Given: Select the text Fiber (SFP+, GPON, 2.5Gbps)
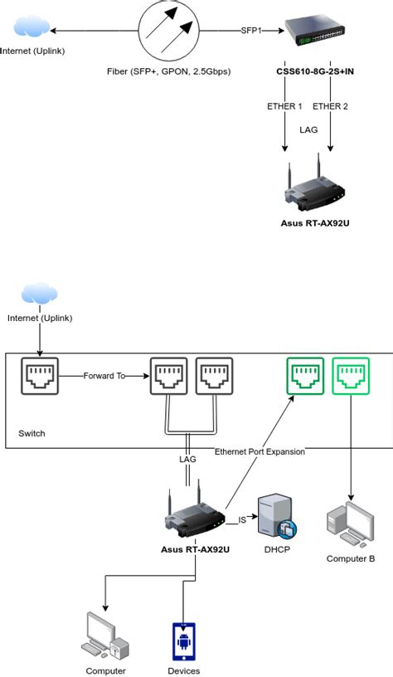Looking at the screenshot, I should point(170,72).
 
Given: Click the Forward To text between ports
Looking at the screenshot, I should point(104,376).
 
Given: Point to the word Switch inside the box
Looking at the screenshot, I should point(32,434).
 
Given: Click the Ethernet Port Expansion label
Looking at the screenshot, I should point(260,451).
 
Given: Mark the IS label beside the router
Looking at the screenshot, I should point(242,520).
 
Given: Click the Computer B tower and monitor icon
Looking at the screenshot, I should point(350,524).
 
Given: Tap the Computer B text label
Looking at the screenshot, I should point(351,558).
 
